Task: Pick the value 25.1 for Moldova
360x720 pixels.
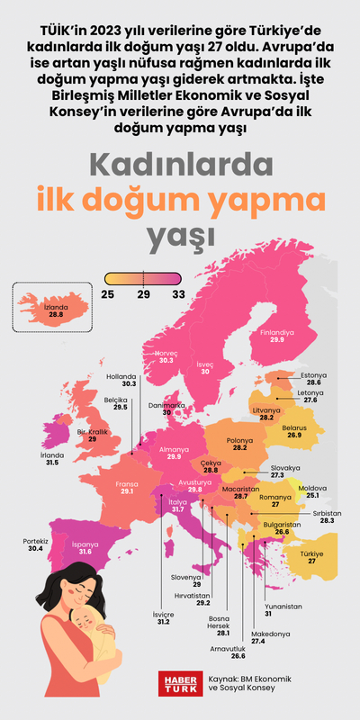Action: (x=312, y=495)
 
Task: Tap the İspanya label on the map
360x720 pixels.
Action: (x=84, y=544)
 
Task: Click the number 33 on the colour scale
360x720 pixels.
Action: (x=178, y=292)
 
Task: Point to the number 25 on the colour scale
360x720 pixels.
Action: (x=107, y=292)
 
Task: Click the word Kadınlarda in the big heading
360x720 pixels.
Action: (x=180, y=165)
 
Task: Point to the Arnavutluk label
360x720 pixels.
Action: (x=229, y=650)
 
